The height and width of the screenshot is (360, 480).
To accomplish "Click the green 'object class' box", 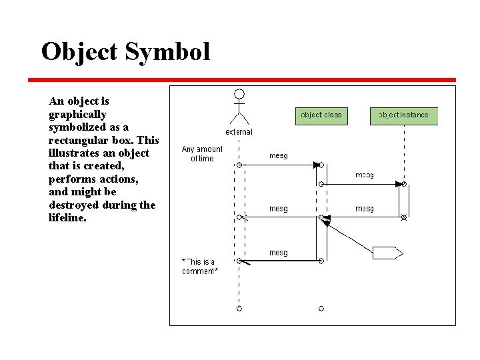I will coord(321,115).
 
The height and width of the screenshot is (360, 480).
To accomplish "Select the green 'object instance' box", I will coord(404,115).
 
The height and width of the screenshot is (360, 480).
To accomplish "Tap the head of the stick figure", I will coord(239,94).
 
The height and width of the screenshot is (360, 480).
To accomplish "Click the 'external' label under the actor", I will coord(239,132).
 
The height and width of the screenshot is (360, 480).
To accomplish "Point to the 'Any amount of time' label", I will coord(202,154).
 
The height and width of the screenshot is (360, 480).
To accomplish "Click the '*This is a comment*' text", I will coord(199,267).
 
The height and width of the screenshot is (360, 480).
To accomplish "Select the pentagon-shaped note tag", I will coord(387,253).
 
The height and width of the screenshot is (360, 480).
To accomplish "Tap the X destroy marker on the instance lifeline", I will coord(403,217).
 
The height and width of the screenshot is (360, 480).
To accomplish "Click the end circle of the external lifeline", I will coord(239,308).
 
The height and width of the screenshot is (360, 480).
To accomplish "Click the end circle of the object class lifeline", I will coord(321,308).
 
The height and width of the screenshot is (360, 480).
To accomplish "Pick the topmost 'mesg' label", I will coord(279,155).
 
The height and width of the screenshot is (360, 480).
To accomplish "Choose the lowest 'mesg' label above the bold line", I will coord(279,253).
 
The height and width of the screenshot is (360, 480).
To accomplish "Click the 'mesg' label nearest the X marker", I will coord(364,209).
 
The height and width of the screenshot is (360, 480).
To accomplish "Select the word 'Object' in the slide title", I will coord(80,52).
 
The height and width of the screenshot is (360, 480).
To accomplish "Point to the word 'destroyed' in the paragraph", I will coord(76,205).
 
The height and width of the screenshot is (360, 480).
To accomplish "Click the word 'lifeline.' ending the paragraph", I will coord(68,217).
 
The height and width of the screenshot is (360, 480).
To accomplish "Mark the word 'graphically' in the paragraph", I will coord(77,114).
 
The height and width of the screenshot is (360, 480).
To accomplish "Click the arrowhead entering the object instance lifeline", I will coord(400,183).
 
